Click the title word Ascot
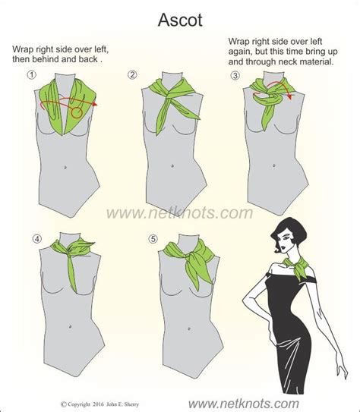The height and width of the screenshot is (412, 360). [x=180, y=20]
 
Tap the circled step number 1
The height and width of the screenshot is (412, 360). [x=32, y=75]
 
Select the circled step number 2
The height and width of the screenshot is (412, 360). [x=132, y=74]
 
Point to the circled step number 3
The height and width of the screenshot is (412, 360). [x=235, y=76]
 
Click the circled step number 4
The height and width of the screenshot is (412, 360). [x=37, y=239]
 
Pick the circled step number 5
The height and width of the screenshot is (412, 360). [x=153, y=239]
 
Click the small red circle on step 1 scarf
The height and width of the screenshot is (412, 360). [x=77, y=113]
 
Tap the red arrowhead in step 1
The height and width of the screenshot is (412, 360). [x=95, y=104]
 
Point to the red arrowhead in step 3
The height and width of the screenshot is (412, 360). [x=290, y=96]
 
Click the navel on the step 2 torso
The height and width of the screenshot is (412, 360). [x=172, y=166]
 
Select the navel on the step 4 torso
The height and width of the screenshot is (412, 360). [x=70, y=326]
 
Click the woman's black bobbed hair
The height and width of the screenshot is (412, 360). [x=286, y=231]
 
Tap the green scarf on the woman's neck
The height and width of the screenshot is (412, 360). [x=296, y=266]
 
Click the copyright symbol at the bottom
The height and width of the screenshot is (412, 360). [x=63, y=404]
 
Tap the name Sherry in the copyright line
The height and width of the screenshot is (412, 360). [x=132, y=404]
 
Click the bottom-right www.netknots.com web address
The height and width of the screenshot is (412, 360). [x=244, y=404]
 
